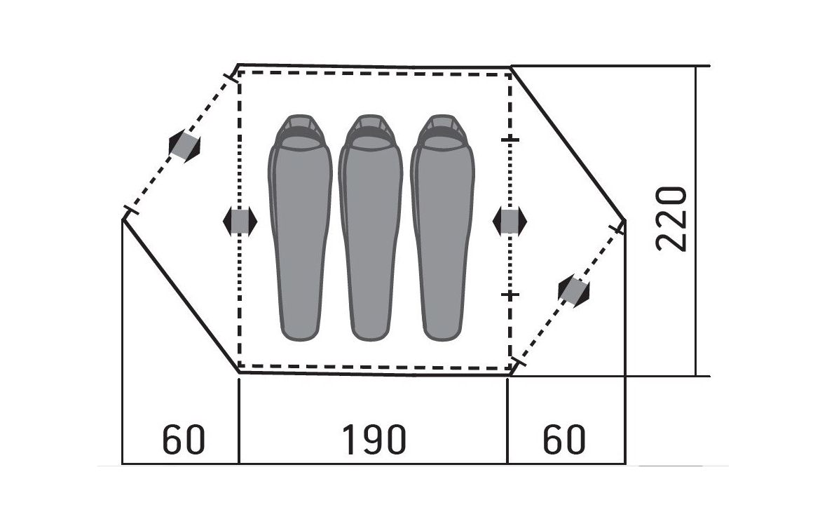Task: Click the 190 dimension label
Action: [374, 440]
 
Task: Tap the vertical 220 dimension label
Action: [671, 218]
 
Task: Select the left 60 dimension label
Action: [184, 440]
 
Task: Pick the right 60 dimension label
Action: [564, 440]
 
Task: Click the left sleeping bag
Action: [300, 227]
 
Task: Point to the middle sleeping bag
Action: [371, 227]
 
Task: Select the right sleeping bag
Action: [442, 227]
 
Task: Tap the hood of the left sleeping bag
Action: [300, 132]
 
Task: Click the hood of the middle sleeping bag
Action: [371, 132]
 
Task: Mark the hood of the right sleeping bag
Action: [442, 132]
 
